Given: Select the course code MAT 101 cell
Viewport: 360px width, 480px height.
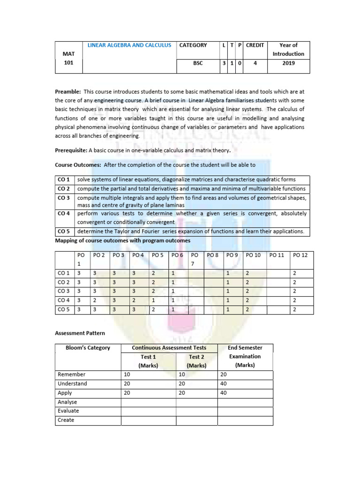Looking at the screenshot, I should tap(68, 58).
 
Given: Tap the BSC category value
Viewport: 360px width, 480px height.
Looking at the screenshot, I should tap(198, 63).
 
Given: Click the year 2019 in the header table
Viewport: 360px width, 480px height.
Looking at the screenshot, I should tap(288, 63).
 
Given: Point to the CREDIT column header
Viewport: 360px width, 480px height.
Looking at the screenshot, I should tap(255, 45).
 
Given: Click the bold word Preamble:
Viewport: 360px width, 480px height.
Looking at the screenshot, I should tap(68, 92).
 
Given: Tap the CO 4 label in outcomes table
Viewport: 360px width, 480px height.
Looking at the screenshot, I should tap(63, 213).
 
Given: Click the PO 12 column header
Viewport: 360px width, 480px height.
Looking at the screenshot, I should tap(300, 255).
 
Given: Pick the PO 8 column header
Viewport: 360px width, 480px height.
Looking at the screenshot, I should tap(213, 255).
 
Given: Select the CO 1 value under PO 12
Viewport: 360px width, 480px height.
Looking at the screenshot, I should tap(294, 273).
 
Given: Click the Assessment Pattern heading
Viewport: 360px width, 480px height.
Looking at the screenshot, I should tap(80, 333).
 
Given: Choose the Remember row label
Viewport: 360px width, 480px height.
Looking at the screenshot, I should tap(71, 375).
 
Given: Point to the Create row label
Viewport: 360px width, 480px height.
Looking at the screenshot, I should tap(66, 420).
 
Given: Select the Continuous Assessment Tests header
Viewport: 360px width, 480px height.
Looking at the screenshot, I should tap(169, 348).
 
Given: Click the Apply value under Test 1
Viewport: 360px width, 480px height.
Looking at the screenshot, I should tap(127, 393).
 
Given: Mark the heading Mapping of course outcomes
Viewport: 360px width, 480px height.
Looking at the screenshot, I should tap(123, 240).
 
